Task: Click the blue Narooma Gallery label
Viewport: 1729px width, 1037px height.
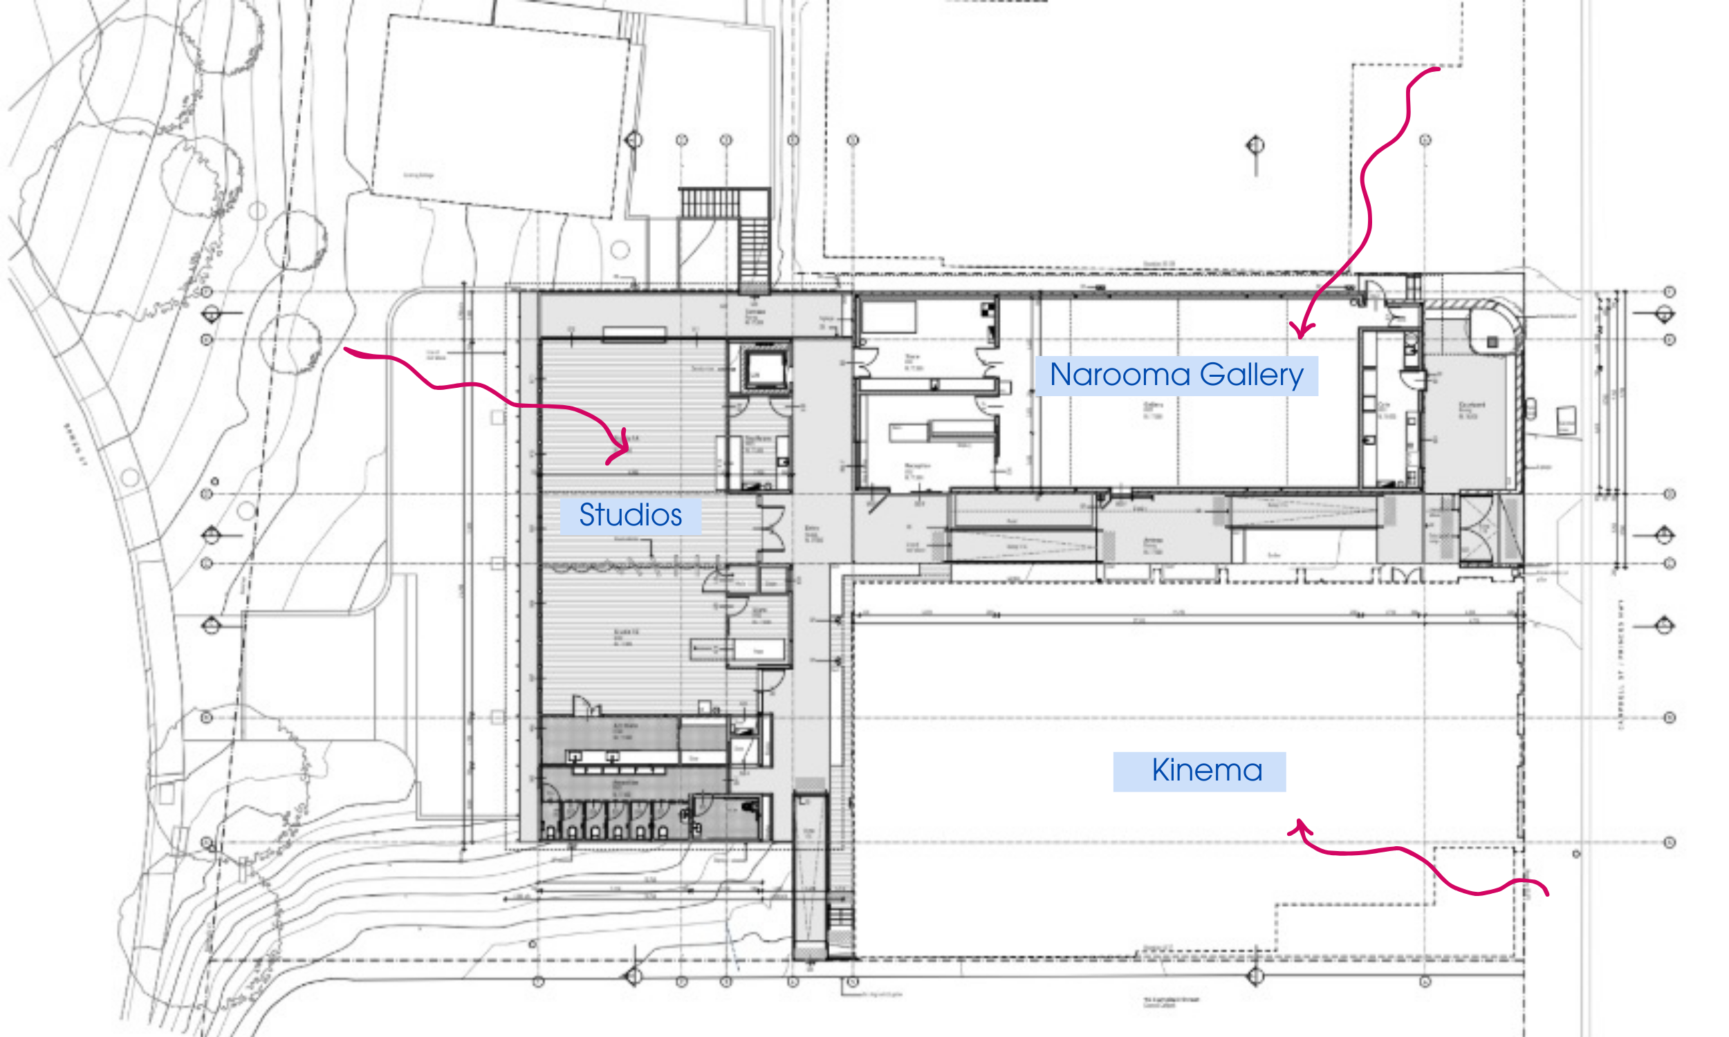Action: pos(1176,375)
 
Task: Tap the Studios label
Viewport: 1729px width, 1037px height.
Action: pos(630,516)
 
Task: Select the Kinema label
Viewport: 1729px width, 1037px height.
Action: pos(1199,771)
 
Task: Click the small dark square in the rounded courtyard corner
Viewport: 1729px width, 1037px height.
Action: pos(1492,342)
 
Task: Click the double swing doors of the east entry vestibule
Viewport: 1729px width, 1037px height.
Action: pos(1474,529)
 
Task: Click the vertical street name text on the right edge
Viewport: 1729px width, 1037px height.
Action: pos(1620,664)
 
